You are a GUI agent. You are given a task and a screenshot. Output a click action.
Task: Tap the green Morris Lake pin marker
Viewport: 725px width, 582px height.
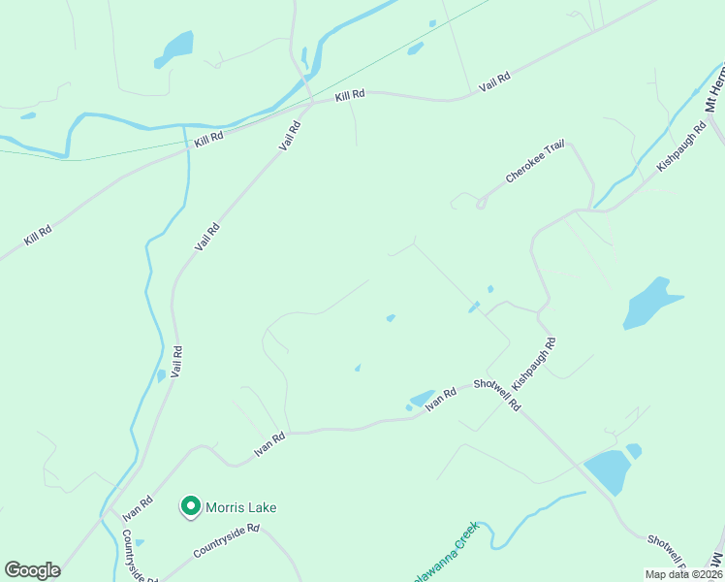191,505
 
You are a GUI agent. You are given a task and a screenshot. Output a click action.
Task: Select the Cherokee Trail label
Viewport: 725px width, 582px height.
534,162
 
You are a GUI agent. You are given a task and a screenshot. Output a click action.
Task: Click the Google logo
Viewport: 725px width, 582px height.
32,570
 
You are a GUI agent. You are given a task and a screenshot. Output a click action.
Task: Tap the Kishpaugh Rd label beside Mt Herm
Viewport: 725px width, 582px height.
682,146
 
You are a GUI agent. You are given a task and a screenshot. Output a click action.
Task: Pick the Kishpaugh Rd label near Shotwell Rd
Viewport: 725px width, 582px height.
534,365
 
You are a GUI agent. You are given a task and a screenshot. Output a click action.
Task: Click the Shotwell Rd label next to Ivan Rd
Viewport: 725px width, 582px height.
497,395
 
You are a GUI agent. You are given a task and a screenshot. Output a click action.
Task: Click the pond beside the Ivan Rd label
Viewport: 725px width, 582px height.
422,399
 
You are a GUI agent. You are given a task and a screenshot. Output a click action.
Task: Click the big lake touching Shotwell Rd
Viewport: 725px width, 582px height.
605,472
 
